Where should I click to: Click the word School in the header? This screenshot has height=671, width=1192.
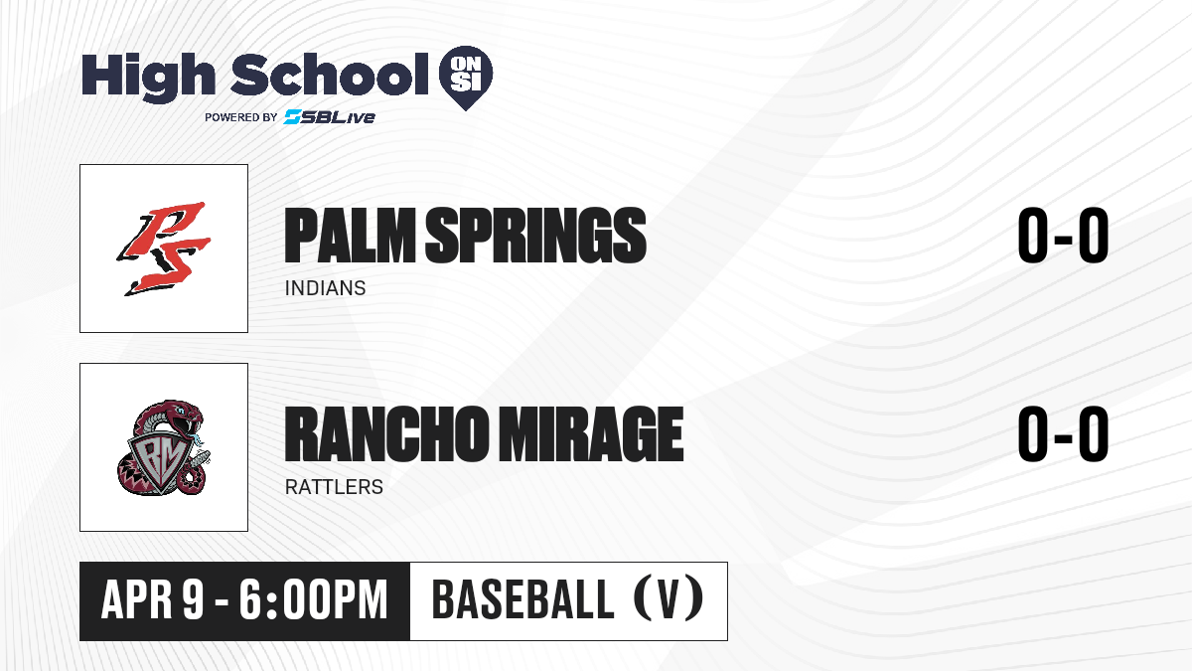tap(330, 74)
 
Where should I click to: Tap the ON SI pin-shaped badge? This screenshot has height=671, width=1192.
tap(466, 78)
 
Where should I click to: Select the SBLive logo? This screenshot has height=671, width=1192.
tap(330, 116)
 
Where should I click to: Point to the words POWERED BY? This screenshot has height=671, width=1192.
tap(241, 117)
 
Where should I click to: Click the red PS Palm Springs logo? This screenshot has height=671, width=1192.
tap(164, 249)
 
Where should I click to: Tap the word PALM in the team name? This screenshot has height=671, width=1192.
tap(350, 236)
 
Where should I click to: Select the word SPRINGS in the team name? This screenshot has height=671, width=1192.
tap(535, 236)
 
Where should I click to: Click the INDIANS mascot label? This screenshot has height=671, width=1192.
tap(325, 288)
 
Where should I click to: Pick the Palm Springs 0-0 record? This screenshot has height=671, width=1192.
tap(1063, 235)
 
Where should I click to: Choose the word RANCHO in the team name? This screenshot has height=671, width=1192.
tap(386, 433)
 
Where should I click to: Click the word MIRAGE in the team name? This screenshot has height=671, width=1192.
tap(591, 433)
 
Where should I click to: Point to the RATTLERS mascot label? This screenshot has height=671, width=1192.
tap(334, 487)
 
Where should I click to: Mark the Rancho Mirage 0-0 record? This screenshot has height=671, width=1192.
tap(1063, 433)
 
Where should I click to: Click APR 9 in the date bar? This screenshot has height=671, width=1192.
tap(153, 600)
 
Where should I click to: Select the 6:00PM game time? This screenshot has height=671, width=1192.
tap(314, 600)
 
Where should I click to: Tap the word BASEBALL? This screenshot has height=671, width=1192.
tap(523, 600)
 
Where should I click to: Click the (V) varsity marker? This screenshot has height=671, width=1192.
tap(669, 598)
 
